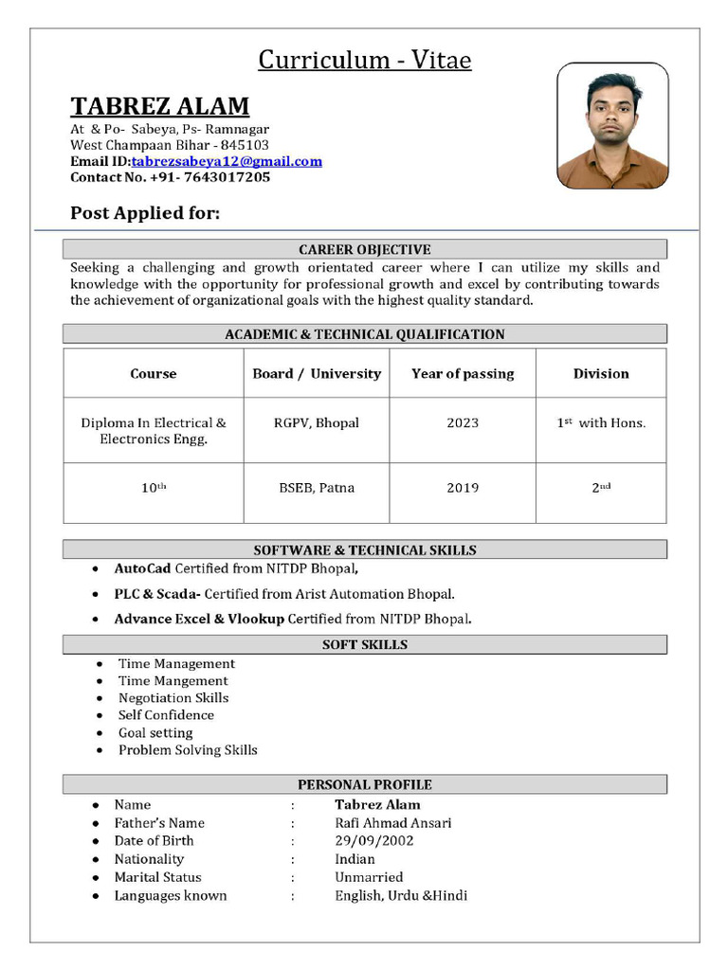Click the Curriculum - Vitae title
tap(365, 61)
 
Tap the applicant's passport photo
tap(612, 126)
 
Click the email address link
tap(227, 161)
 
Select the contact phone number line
tap(171, 177)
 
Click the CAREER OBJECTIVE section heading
tap(365, 249)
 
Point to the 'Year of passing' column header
tap(463, 373)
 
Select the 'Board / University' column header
tap(317, 373)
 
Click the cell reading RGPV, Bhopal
tap(317, 423)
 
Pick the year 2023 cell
tap(463, 423)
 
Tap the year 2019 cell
tap(463, 488)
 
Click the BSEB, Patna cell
tap(317, 488)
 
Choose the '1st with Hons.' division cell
tap(601, 423)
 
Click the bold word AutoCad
tap(142, 569)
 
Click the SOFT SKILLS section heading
tap(365, 644)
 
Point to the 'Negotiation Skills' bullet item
tap(173, 698)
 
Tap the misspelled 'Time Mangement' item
tap(173, 681)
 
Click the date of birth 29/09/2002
tap(374, 840)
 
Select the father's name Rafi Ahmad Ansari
tap(393, 823)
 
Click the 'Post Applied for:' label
tap(145, 213)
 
